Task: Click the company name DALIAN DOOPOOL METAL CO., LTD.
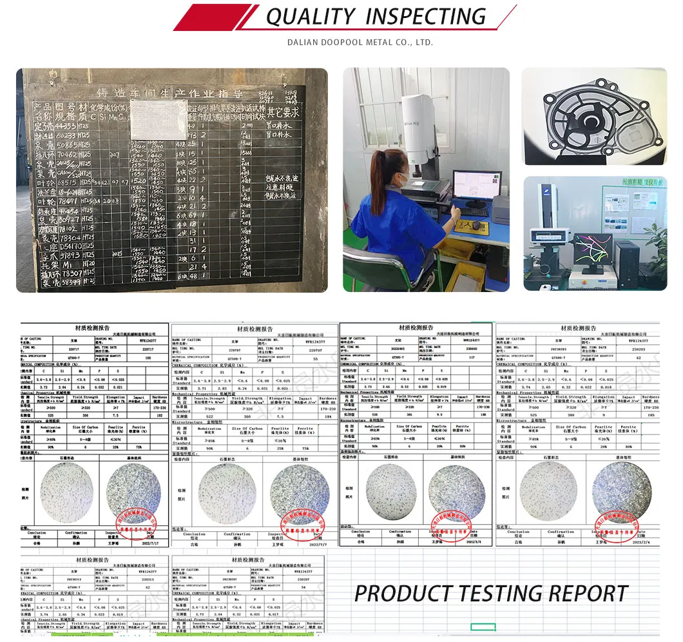360,43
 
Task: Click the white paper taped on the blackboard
159,119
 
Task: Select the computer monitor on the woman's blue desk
476,188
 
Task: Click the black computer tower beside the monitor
626,264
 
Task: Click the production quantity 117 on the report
472,357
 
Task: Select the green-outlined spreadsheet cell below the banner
483,627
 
